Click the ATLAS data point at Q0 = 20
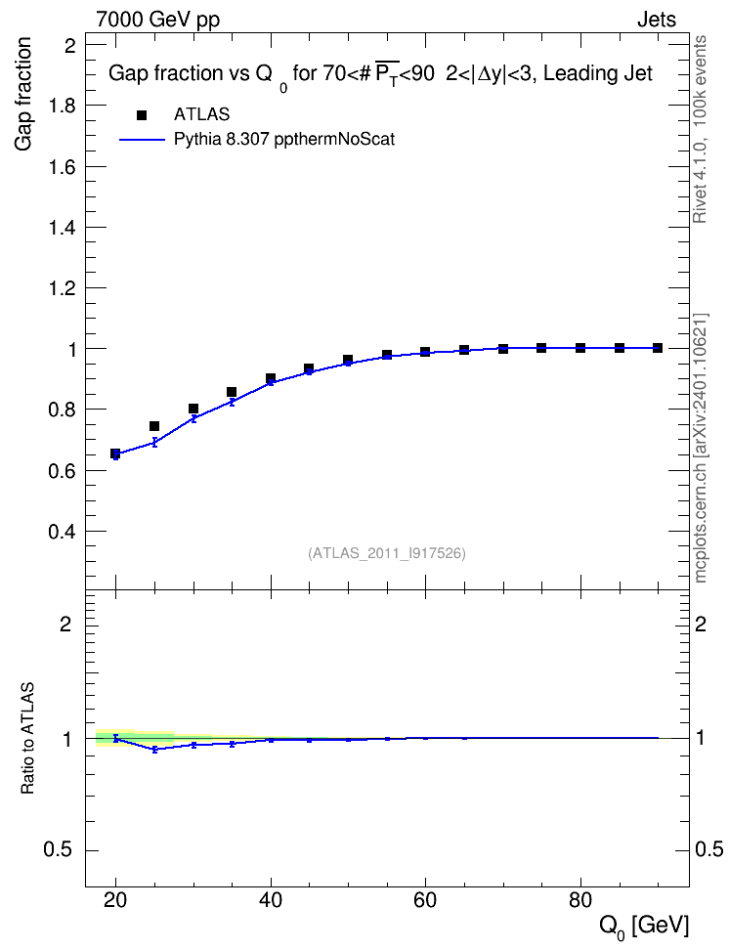pyautogui.click(x=115, y=453)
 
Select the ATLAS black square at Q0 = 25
pyautogui.click(x=154, y=426)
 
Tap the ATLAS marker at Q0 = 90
pyautogui.click(x=658, y=348)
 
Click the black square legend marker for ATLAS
pyautogui.click(x=142, y=115)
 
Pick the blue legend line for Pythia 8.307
pyautogui.click(x=142, y=140)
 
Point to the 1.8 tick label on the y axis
pyautogui.click(x=62, y=106)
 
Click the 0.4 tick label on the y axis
pyautogui.click(x=62, y=532)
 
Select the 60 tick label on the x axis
pyautogui.click(x=425, y=900)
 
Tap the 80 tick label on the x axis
pyautogui.click(x=579, y=900)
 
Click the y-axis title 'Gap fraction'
pyautogui.click(x=23, y=94)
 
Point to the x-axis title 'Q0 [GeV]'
pyautogui.click(x=644, y=927)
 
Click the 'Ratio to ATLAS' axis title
pyautogui.click(x=27, y=739)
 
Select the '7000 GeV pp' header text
pyautogui.click(x=157, y=20)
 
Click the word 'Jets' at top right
pyautogui.click(x=657, y=20)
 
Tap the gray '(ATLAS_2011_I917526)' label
pyautogui.click(x=387, y=553)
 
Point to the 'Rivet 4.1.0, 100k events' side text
pyautogui.click(x=700, y=129)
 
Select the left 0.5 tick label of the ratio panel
pyautogui.click(x=58, y=850)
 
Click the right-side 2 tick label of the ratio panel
pyautogui.click(x=701, y=624)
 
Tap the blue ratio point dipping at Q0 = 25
pyautogui.click(x=154, y=750)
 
